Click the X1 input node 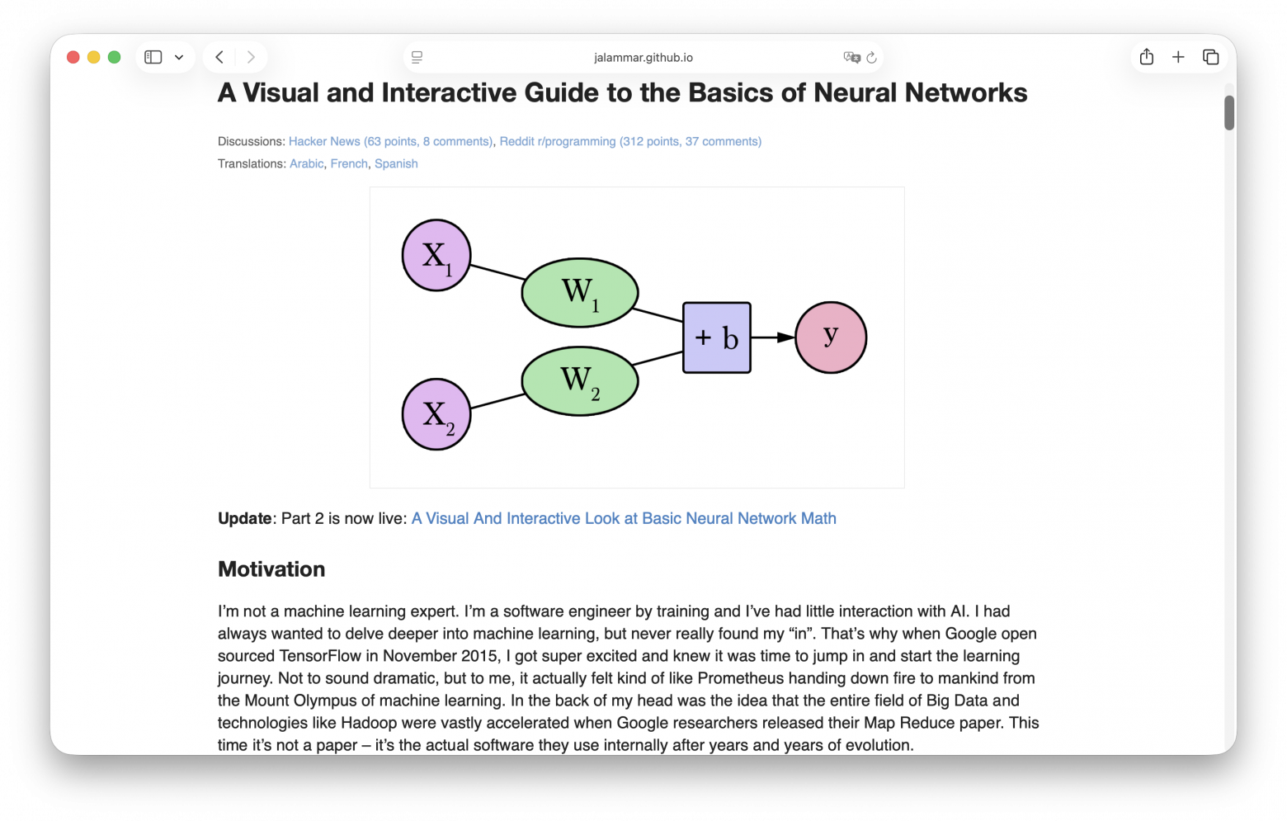(x=436, y=255)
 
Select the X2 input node (x=436, y=414)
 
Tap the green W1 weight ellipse (x=580, y=293)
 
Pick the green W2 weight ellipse (x=580, y=380)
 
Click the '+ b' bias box (x=717, y=337)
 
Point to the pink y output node (x=831, y=337)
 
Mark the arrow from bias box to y (x=773, y=337)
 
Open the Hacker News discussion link (x=390, y=142)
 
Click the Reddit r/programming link (x=630, y=142)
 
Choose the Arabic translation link (x=306, y=164)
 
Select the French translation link (x=349, y=164)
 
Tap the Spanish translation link (x=396, y=164)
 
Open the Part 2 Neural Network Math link (x=624, y=519)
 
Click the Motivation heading (x=271, y=569)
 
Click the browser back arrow (x=219, y=57)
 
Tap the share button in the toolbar (x=1147, y=57)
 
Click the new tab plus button (x=1178, y=57)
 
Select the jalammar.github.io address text (x=643, y=58)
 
